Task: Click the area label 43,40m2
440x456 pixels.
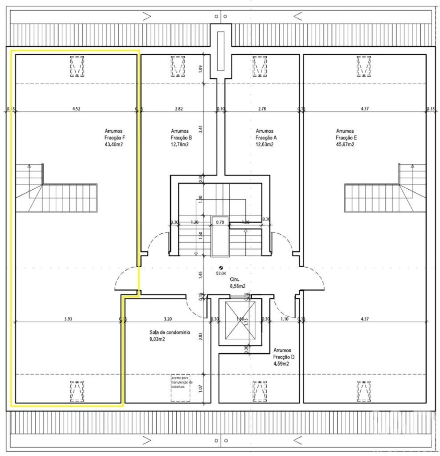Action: tap(114, 145)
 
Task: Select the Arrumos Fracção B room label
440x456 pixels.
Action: tap(180, 137)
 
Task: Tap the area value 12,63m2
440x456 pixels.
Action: tap(265, 145)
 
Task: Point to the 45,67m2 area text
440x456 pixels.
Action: tap(345, 145)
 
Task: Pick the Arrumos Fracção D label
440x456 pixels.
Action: tap(284, 357)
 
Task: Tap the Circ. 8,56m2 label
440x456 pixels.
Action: tap(238, 283)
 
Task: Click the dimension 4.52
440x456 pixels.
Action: tap(76, 109)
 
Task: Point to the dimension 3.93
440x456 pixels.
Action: tap(68, 319)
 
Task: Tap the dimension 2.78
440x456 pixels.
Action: tap(262, 109)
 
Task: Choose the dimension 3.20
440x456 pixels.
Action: tap(167, 319)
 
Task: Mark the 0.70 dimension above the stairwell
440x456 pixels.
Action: tap(220, 222)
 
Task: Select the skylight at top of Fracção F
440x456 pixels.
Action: tap(77, 66)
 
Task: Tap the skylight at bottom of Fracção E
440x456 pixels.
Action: tap(364, 391)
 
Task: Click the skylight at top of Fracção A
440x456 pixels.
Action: tap(260, 66)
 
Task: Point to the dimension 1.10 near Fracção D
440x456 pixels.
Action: tap(284, 319)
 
